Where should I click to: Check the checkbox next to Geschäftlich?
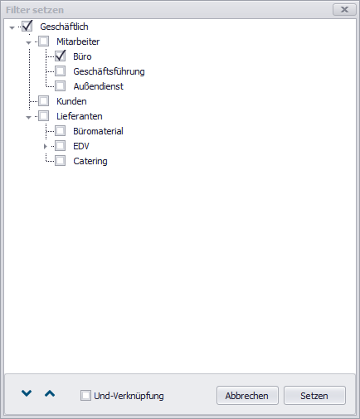(x=27, y=27)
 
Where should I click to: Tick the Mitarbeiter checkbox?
(x=43, y=41)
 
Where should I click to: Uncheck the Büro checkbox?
(x=60, y=56)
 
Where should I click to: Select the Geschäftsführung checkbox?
(x=60, y=71)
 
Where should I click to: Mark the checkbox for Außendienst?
(x=60, y=86)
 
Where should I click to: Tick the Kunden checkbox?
(x=43, y=101)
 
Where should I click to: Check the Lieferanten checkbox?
(x=43, y=116)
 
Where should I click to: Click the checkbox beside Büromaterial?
(x=60, y=131)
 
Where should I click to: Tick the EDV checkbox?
(x=60, y=146)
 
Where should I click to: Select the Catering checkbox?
(x=60, y=161)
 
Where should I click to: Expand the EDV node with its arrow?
(x=46, y=146)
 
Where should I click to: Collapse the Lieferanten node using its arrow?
(x=28, y=118)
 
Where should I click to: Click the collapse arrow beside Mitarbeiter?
(x=28, y=43)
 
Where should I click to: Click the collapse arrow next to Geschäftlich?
(x=12, y=27)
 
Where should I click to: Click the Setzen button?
(x=314, y=396)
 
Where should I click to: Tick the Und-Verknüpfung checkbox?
(x=85, y=395)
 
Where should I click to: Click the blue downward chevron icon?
(x=27, y=393)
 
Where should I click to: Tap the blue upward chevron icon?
(x=50, y=393)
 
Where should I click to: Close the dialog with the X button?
(x=344, y=10)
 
